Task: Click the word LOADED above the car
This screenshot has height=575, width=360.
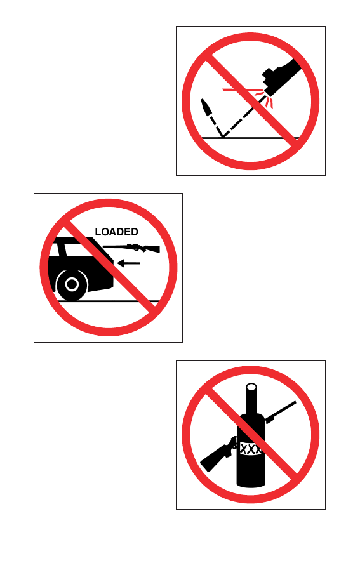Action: coord(116,232)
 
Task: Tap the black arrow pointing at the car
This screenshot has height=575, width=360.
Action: coord(128,263)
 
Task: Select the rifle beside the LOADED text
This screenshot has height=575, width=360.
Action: coord(131,248)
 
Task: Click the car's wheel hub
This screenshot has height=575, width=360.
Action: coord(72,284)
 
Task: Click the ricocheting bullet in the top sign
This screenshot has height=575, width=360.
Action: coord(206,107)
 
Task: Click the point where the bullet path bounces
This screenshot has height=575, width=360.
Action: coord(222,138)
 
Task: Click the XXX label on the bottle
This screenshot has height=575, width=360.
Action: coord(250,449)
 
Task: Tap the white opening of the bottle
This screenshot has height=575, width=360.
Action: coord(251,387)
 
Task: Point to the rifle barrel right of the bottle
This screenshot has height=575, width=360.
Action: coord(281,412)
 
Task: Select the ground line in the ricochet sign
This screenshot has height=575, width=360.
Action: coord(250,138)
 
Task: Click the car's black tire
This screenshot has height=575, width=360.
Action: coord(72,284)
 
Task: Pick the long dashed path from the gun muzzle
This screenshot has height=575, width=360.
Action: coord(244,116)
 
